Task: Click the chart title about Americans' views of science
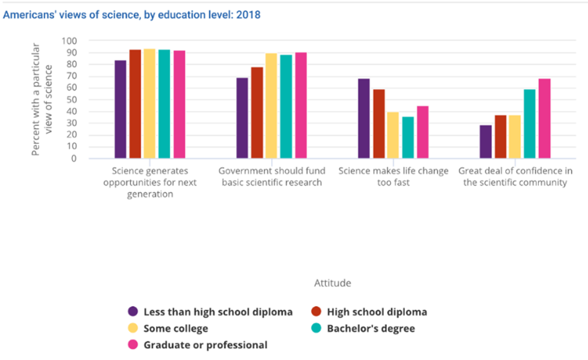point(131,15)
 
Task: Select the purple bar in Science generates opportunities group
point(121,109)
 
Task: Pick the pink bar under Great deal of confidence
point(545,119)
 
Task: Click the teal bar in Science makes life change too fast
point(408,138)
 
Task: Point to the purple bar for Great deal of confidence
point(486,142)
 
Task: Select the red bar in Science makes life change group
point(379,124)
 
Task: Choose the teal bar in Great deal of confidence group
point(530,124)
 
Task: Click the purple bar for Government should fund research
point(242,118)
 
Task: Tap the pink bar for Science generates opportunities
point(179,104)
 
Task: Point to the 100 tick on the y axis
point(69,41)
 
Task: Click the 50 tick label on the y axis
point(71,100)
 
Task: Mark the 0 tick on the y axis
point(74,159)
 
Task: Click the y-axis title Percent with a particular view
point(42,99)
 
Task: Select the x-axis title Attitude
point(332,283)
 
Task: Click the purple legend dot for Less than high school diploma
point(133,311)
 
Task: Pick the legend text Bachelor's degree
point(371,328)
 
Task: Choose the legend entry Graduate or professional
point(205,345)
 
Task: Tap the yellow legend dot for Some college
point(133,328)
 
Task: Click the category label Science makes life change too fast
point(393,177)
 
